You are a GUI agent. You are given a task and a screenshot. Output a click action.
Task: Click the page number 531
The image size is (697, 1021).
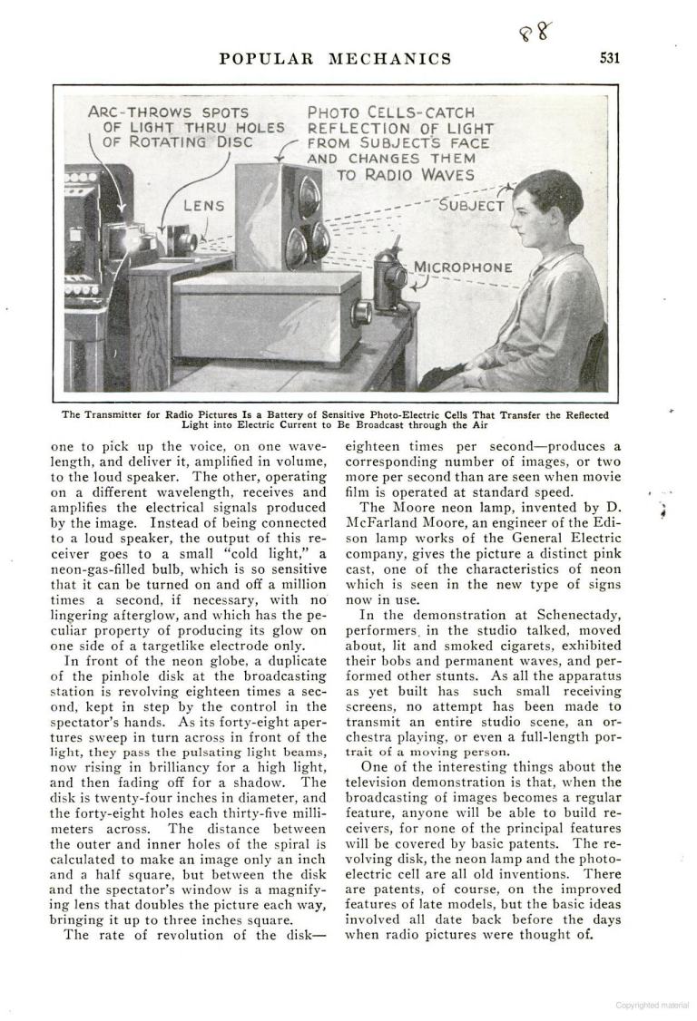[x=609, y=59]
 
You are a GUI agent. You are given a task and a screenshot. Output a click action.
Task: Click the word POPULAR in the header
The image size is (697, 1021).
[x=265, y=59]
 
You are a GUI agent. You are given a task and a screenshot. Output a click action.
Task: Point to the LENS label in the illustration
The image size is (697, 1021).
[x=204, y=206]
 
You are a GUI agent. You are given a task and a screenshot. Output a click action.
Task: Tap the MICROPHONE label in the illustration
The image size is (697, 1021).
[x=463, y=267]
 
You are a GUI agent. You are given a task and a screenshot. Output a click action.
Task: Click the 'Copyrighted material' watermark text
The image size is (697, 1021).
[x=651, y=1005]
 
